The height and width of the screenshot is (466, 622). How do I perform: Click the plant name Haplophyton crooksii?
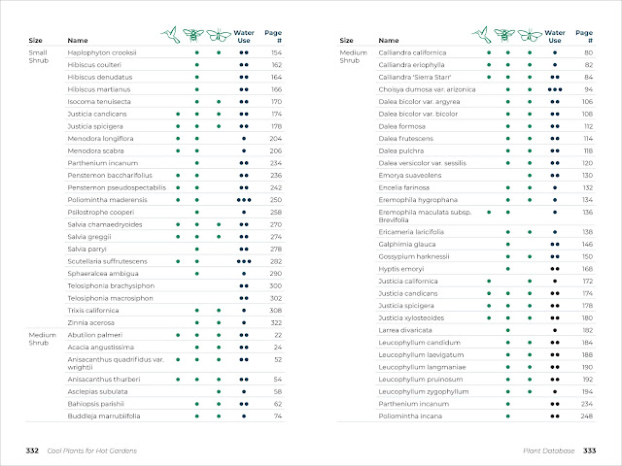(x=101, y=52)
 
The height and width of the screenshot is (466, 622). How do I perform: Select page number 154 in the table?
(x=276, y=52)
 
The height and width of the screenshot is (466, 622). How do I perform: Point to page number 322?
(x=276, y=322)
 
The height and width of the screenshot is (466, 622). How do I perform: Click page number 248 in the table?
(x=587, y=416)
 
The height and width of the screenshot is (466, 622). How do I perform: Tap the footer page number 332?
(x=33, y=450)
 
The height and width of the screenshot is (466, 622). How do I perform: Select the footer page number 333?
(x=589, y=450)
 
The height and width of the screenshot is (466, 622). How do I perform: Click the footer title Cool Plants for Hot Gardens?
(x=92, y=450)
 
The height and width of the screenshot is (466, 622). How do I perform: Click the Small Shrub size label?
(x=38, y=57)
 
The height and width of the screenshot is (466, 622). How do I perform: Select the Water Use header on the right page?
(x=554, y=36)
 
